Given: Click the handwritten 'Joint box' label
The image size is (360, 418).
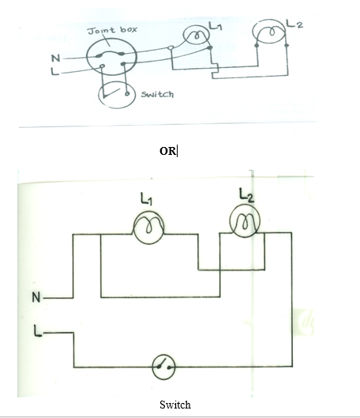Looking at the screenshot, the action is pos(112,30).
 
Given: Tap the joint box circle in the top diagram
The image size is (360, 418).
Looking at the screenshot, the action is pos(87,57).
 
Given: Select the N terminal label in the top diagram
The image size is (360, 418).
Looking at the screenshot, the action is pos(55,58).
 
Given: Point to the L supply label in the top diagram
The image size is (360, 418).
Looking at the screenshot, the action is pos(54,71).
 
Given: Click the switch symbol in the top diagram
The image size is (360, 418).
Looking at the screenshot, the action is pos(99,95).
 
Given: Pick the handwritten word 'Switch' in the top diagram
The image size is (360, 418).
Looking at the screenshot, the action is pos(157,94).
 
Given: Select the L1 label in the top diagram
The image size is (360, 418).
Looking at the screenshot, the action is pos(216,26).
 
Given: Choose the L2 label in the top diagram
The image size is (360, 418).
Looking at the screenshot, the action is pos(294,24).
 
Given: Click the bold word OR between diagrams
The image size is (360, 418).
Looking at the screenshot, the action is pos(167,151).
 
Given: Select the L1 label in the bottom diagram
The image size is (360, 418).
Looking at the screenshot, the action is pos(146,199).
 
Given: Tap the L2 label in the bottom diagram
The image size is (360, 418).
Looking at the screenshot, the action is pos(246,195).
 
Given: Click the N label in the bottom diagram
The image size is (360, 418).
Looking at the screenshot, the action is pos(36,297).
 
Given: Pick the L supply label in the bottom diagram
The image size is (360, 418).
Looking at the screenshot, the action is pos(38,331).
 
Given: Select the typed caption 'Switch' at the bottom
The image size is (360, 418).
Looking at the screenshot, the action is pos(175,405).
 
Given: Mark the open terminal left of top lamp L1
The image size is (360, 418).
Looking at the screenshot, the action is pos(171,48).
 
